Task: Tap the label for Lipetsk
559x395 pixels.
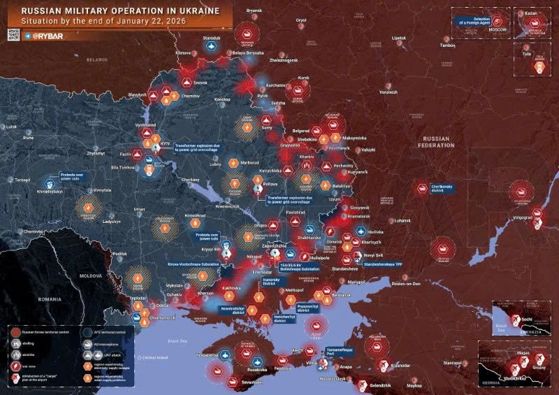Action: pyautogui.click(x=398, y=37)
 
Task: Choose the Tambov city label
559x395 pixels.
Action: pyautogui.click(x=447, y=46)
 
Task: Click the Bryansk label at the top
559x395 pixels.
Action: pyautogui.click(x=254, y=10)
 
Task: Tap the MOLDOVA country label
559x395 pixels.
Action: pyautogui.click(x=90, y=277)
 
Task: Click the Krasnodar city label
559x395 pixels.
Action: pyautogui.click(x=401, y=365)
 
